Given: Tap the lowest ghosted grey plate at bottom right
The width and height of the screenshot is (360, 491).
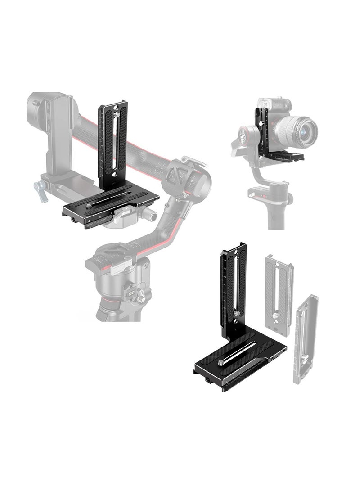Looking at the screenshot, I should (x=306, y=338).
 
